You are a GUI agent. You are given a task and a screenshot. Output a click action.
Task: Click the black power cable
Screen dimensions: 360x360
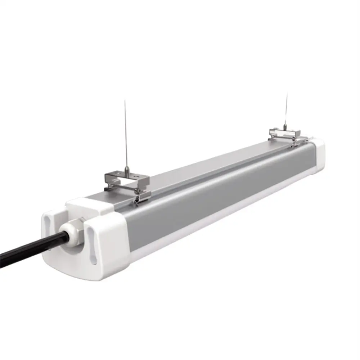pos(29,248)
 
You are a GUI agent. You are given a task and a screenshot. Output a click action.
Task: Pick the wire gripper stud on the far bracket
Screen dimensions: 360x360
pos(285,127)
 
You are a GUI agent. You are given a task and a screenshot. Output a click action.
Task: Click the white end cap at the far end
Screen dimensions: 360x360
pos(319,155)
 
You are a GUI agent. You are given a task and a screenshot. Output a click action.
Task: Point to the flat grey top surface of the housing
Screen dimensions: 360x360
pos(202,169)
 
